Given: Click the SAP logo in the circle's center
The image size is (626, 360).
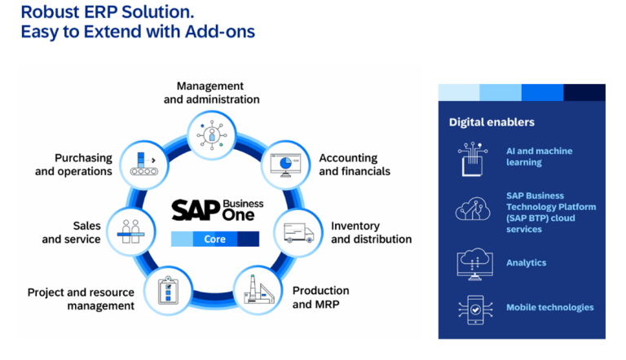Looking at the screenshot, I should click(196, 209).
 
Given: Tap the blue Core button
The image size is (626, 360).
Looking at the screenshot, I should click(214, 239).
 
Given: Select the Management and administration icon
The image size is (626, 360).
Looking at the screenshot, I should click(211, 131).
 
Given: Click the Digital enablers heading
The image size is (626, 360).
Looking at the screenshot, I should click(492, 122).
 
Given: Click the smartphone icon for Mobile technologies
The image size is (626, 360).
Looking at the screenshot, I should click(472, 309).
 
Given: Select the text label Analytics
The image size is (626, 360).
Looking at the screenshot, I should click(526, 263).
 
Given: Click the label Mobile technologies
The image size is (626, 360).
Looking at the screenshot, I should click(549, 308).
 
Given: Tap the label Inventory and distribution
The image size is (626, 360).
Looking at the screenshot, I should click(371, 232).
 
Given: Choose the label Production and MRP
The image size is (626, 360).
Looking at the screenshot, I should click(320, 297).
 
